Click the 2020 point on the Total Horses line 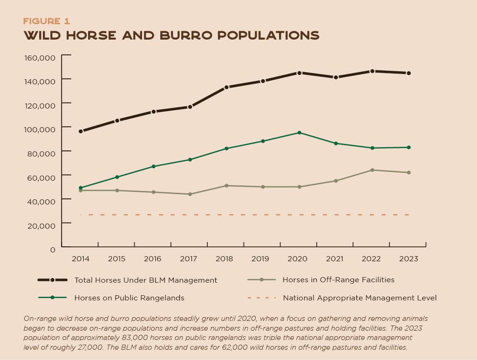tap(299, 73)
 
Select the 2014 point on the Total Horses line tap(81, 131)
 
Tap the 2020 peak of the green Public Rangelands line tap(299, 133)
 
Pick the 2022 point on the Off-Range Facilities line tap(372, 170)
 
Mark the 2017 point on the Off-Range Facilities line tap(190, 194)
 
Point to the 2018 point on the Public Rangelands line tap(226, 149)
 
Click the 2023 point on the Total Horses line tap(408, 73)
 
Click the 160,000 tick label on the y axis tap(40, 57)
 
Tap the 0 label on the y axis tap(53, 249)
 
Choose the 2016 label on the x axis tap(153, 259)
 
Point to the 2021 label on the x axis tap(335, 259)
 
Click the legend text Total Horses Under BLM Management tap(146, 280)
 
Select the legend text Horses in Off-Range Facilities tap(338, 280)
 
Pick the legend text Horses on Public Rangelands tap(129, 298)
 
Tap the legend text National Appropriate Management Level tap(360, 298)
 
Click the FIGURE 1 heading tap(47, 21)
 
